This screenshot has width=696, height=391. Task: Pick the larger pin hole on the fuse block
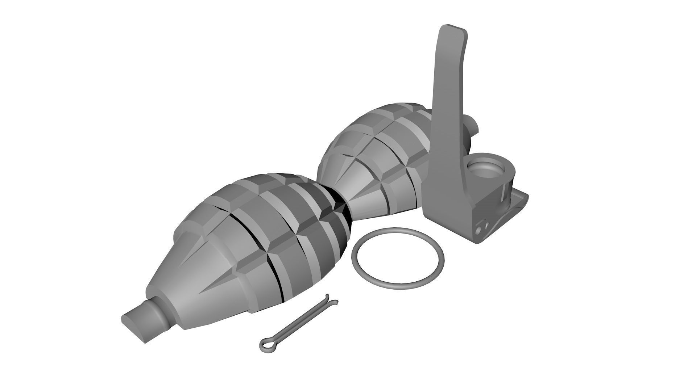[x=479, y=230]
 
